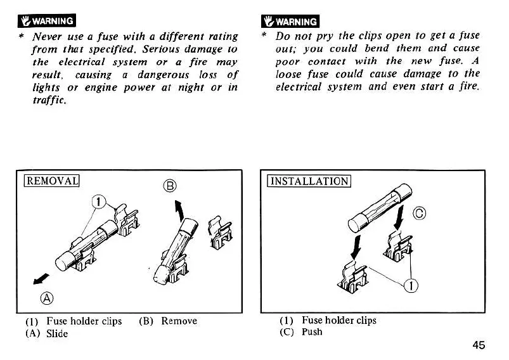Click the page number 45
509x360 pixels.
[479, 345]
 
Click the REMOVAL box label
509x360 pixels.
[50, 181]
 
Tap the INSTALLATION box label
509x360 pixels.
[309, 181]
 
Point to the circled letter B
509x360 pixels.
[169, 186]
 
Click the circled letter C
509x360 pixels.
[418, 212]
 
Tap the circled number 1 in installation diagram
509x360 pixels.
[411, 286]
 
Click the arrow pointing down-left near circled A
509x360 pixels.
[41, 278]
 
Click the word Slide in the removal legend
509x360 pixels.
[57, 333]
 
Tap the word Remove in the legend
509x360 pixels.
[179, 321]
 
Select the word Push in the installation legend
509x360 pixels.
[312, 332]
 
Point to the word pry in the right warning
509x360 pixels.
[329, 35]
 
